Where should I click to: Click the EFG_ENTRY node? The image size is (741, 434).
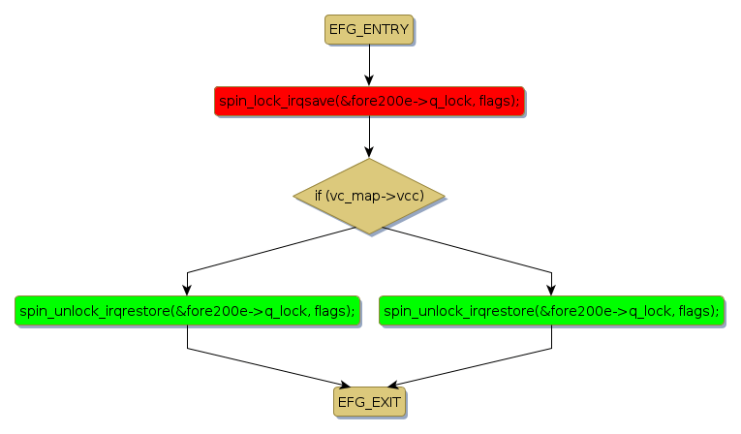[x=368, y=29]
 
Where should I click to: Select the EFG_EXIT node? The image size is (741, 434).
[x=368, y=400]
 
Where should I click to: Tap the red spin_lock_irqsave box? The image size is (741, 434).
[x=368, y=100]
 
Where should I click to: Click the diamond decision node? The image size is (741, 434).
[x=368, y=196]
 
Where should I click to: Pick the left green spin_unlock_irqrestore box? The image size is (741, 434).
[x=187, y=310]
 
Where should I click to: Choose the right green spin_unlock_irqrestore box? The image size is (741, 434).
[x=552, y=310]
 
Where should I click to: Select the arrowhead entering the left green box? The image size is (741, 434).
[x=187, y=290]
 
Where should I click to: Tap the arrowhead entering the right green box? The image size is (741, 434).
[x=552, y=290]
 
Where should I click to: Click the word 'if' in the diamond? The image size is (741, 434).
[x=319, y=196]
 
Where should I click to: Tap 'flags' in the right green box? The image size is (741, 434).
[x=699, y=310]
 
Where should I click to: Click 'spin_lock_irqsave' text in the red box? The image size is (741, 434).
[x=275, y=100]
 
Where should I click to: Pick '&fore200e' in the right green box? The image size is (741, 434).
[x=570, y=310]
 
